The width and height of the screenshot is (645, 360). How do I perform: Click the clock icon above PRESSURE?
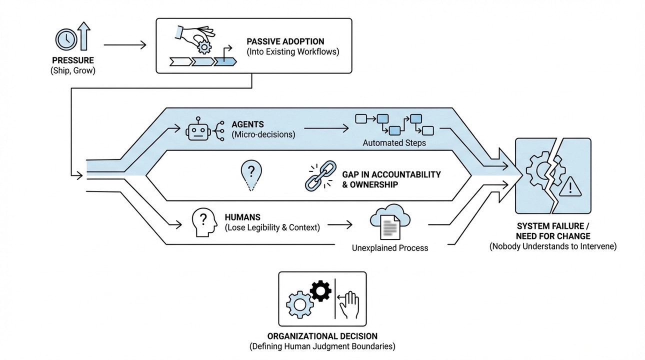(x=65, y=38)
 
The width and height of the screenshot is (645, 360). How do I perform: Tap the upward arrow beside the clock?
(x=84, y=36)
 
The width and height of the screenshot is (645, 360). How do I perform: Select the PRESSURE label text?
(x=73, y=60)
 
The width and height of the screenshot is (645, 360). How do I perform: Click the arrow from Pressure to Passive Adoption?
(x=125, y=45)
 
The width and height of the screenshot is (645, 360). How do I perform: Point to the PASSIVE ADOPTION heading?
(x=285, y=41)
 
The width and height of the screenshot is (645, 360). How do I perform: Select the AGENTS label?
(x=248, y=124)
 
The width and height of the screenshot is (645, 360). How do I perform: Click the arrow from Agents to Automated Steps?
(x=326, y=128)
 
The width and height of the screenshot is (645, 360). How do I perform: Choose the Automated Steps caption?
(x=394, y=143)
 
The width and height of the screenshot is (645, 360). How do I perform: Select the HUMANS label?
(x=242, y=217)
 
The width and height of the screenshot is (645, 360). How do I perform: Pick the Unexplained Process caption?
(x=390, y=247)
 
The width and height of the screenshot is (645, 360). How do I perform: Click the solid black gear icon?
(x=320, y=290)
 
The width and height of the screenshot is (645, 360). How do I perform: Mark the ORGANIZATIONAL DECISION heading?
(x=322, y=336)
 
